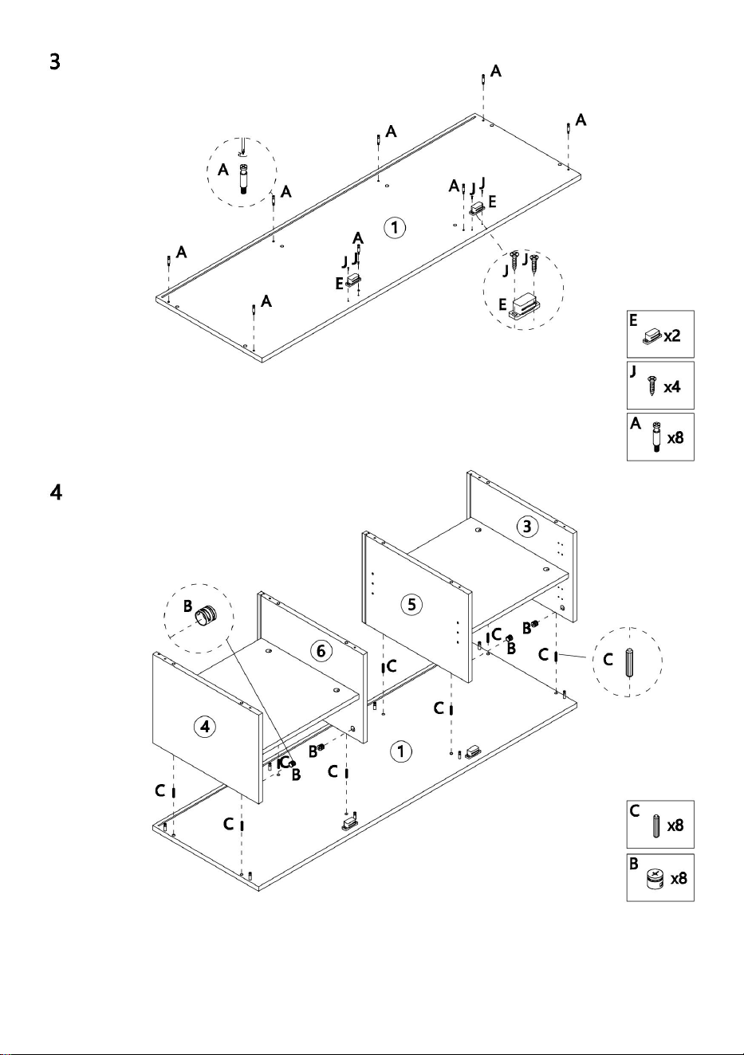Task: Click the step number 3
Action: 55,61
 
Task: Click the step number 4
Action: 56,492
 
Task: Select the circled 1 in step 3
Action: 395,228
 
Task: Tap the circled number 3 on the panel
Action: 527,527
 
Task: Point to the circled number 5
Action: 411,604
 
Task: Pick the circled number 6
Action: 321,651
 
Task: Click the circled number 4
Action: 205,727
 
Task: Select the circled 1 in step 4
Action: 401,751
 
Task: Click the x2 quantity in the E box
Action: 672,336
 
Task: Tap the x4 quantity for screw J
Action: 672,387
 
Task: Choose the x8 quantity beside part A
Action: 675,438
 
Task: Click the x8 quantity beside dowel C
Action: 675,826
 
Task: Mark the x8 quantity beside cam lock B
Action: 679,878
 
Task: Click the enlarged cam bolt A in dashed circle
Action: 244,178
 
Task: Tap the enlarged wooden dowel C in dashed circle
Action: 629,662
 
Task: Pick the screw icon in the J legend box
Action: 652,386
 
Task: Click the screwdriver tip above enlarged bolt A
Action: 242,152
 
